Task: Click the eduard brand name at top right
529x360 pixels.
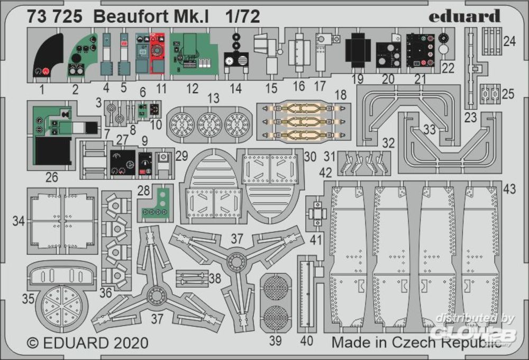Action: point(464,16)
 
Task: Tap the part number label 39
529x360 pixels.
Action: point(275,341)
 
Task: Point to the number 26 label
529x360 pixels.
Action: point(51,177)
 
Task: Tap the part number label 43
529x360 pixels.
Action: point(509,189)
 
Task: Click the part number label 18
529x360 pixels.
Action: point(340,94)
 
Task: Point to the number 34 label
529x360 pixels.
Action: point(19,221)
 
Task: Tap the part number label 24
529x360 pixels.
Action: point(509,41)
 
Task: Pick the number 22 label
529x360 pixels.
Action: point(448,68)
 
